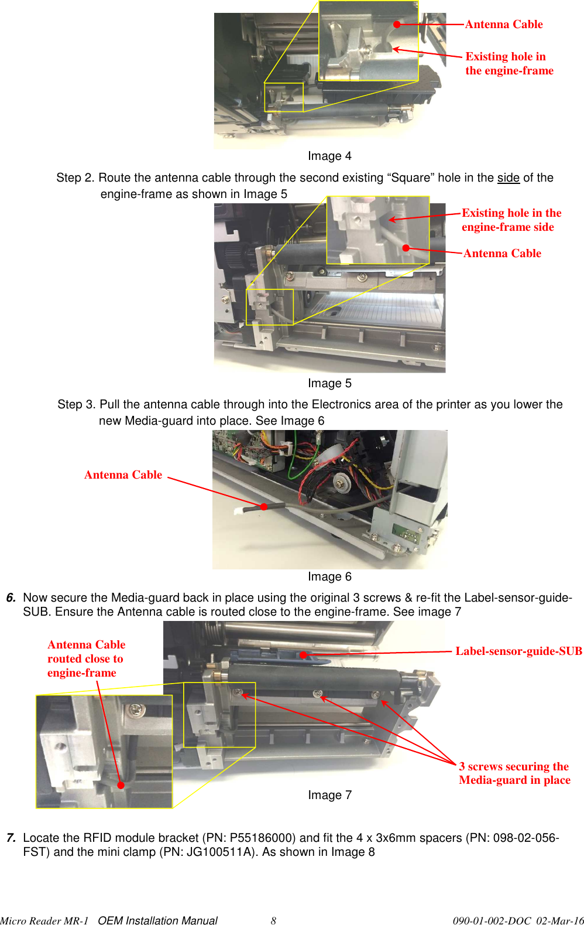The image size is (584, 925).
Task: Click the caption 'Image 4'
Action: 329,156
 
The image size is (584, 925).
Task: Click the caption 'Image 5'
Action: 329,383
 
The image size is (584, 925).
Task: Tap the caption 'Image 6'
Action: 329,576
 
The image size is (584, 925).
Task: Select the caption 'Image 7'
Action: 329,795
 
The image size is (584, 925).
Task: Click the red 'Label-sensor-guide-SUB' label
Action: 518,651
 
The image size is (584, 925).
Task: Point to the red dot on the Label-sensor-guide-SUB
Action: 304,655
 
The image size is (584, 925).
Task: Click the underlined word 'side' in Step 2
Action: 508,178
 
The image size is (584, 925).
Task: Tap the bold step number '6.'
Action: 11,598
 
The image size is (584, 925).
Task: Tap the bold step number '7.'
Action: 11,838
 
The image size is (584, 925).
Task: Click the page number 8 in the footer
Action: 273,920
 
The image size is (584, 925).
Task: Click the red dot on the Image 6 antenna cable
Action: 264,507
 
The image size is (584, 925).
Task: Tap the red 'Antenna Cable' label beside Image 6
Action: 123,475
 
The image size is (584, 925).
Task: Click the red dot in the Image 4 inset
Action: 397,25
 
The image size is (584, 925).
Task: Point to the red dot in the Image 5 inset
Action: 406,248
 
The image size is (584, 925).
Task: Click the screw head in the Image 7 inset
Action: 136,710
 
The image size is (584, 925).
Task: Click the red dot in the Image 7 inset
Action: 121,786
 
